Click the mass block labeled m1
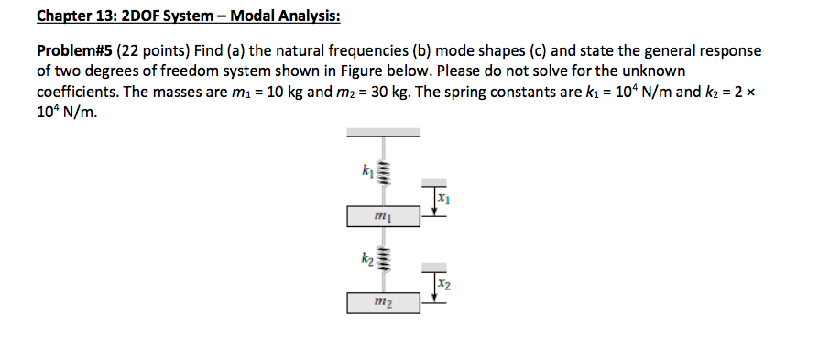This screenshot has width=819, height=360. (383, 216)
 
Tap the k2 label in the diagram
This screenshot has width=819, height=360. (368, 259)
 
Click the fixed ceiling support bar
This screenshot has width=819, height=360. (383, 133)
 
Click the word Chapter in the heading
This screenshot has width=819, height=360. (65, 16)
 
